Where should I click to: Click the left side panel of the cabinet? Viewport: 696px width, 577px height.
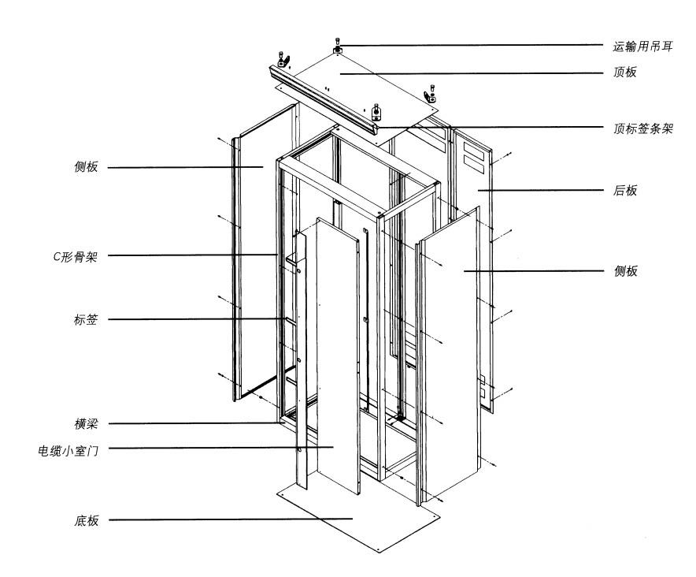pyautogui.click(x=252, y=260)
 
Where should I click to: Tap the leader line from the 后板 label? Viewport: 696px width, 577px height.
pyautogui.click(x=543, y=191)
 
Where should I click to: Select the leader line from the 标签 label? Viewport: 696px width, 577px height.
pyautogui.click(x=197, y=319)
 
